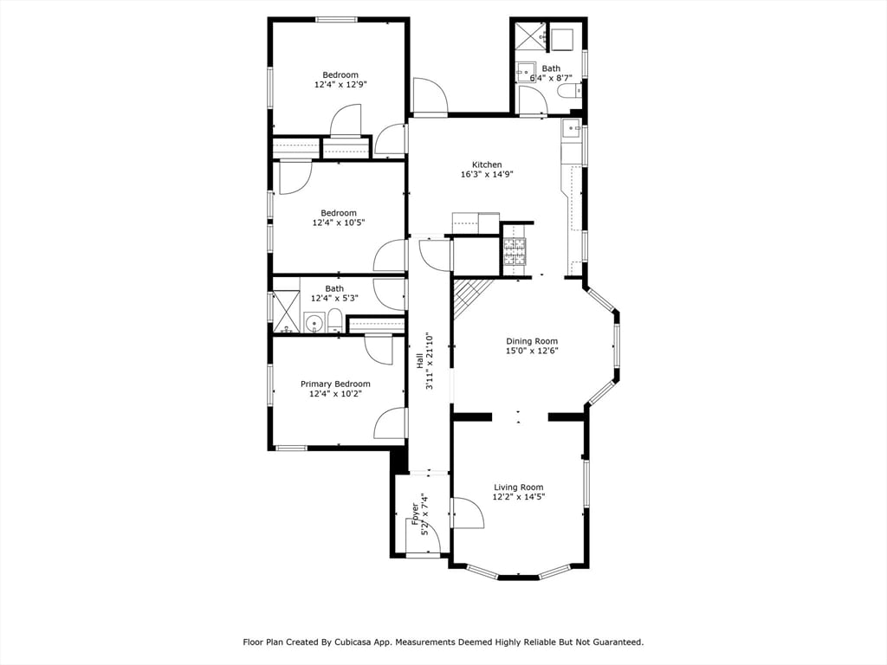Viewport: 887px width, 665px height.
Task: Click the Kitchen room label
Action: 486,165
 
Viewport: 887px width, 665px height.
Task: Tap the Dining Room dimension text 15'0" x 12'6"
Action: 532,351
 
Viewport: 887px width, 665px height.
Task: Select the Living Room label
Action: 518,487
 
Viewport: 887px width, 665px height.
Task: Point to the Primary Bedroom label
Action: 335,384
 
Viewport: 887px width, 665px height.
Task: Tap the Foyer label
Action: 416,514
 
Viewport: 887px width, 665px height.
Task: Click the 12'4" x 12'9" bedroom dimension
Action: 340,85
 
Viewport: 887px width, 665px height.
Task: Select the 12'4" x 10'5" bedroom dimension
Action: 339,223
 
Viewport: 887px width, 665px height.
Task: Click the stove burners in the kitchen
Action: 514,251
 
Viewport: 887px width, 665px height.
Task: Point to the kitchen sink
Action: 572,131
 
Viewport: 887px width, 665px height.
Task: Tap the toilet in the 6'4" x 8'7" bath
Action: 567,90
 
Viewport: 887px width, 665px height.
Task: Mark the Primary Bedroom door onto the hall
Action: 391,423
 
